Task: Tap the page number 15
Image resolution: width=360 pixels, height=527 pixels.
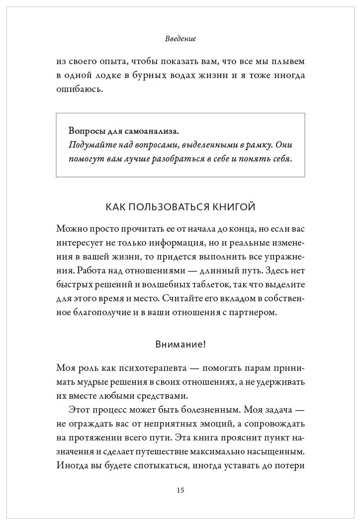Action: click(180, 490)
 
